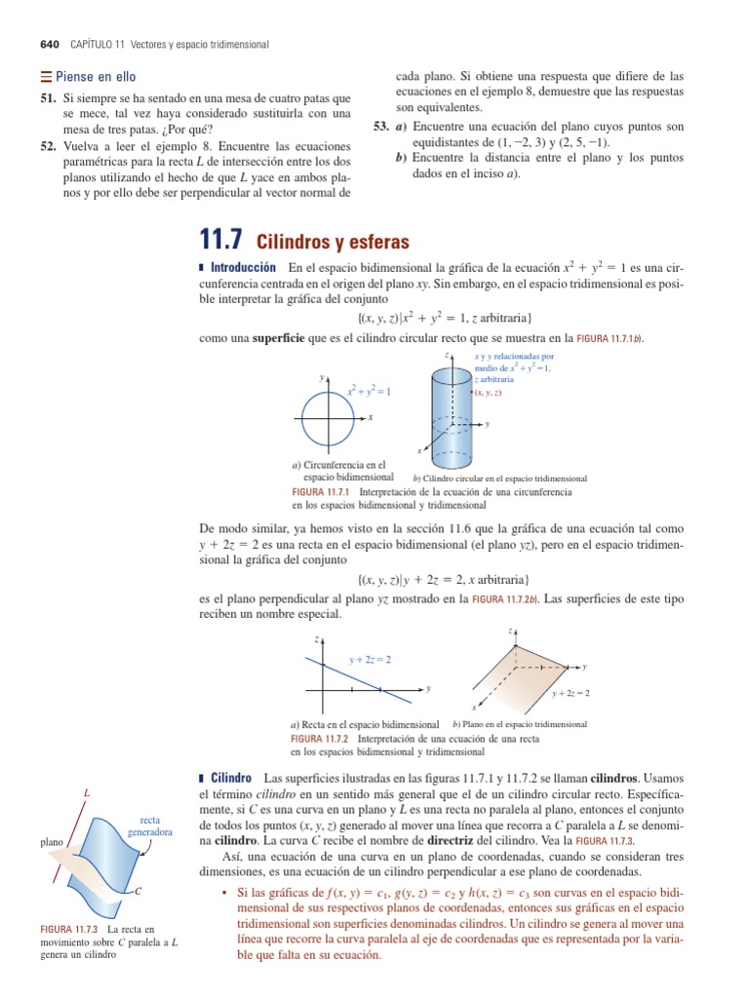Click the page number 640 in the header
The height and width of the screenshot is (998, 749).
pos(50,45)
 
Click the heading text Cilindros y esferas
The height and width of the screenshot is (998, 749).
pos(333,242)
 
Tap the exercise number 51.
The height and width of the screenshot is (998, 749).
pos(47,99)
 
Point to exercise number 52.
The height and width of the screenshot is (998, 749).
pos(47,145)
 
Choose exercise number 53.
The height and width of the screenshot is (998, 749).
pos(381,127)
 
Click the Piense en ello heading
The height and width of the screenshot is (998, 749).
pos(88,77)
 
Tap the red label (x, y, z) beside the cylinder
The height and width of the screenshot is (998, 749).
pos(487,392)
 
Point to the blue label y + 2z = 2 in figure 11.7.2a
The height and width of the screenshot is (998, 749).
pos(371,660)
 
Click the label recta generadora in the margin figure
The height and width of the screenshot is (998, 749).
pos(149,826)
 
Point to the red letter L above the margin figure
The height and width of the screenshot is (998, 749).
pos(87,793)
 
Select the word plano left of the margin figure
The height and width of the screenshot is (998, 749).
pos(53,841)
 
